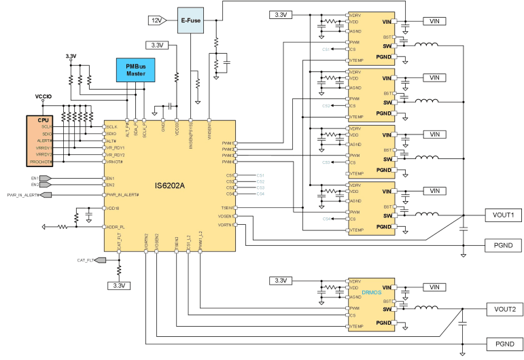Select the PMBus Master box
[136, 69]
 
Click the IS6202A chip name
[169, 185]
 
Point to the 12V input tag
[157, 21]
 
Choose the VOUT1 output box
[503, 215]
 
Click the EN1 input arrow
[43, 179]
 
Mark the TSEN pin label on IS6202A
[228, 208]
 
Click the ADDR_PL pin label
[116, 227]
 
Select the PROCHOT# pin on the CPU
[41, 162]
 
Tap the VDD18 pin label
[113, 209]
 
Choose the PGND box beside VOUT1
[503, 245]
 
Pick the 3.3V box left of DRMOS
[280, 281]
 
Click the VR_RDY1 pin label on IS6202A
[116, 147]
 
